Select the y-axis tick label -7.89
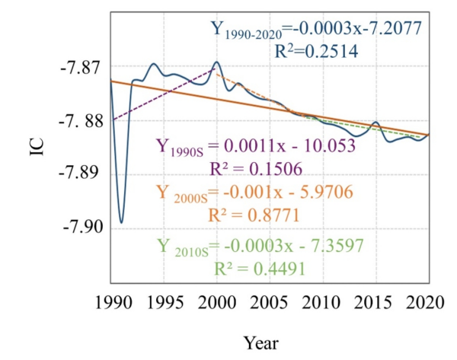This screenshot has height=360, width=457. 78,174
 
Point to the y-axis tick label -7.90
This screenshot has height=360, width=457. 78,227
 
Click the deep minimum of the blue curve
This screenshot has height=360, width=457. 121,222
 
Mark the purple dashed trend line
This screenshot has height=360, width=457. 164,95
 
